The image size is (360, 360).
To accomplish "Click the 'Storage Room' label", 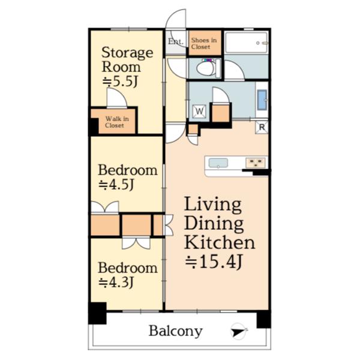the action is tap(127, 59).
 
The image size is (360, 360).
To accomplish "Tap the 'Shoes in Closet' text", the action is tap(204, 43).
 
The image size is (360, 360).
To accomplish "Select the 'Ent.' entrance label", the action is tap(176, 41).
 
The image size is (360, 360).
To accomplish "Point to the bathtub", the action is tap(247, 43).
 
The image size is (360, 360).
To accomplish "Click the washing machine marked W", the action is tap(199, 112).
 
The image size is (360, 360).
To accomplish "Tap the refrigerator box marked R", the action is tap(262, 127).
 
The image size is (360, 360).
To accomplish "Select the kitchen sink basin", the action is tap(218, 163).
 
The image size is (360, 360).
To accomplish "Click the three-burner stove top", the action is tap(256, 163).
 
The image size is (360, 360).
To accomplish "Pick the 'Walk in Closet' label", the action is tap(117, 122).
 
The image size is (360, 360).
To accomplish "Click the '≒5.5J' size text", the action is tap(120, 81).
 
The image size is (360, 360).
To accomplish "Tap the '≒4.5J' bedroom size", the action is tap(116, 184).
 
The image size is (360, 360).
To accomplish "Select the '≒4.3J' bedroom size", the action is tap(116, 282).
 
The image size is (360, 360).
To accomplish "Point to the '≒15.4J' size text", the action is tap(214, 262).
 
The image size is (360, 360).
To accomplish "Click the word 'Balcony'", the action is tap(176, 331).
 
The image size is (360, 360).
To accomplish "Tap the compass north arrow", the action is tap(238, 332).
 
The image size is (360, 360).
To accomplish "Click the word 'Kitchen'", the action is tap(220, 242).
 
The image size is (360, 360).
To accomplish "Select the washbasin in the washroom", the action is tap(262, 100).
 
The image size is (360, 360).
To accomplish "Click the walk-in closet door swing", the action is tap(116, 98).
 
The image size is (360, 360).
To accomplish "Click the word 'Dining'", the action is tap(214, 224).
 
